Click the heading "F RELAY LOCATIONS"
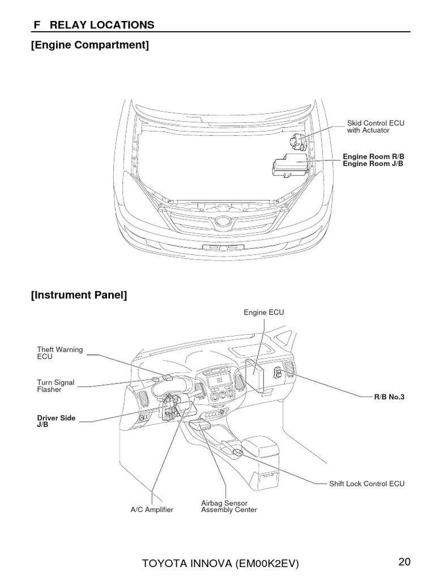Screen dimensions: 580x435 (92, 24)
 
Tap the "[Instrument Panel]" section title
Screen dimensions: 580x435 (79, 295)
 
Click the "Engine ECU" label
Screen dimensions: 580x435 (264, 312)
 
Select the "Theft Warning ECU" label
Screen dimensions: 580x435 (59, 353)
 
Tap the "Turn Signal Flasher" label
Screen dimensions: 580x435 (56, 386)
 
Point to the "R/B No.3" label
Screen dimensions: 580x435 (390, 397)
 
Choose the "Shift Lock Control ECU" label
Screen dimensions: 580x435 (367, 484)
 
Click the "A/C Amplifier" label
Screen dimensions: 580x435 (152, 510)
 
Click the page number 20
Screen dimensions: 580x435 (404, 562)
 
